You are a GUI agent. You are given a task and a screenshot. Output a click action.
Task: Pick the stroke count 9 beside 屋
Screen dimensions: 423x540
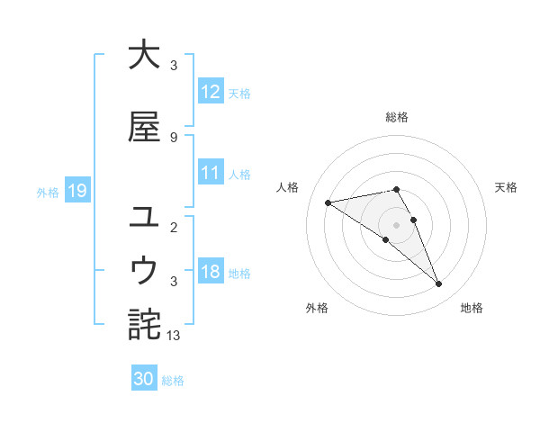point(173,137)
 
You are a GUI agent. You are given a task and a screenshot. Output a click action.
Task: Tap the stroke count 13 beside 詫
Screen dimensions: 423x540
point(175,335)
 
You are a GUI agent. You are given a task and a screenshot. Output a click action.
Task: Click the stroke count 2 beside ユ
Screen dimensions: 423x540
point(173,227)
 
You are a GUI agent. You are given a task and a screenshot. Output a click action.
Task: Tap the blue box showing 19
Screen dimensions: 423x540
point(76,191)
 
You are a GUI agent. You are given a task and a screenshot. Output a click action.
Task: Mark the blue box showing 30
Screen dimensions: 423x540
point(144,379)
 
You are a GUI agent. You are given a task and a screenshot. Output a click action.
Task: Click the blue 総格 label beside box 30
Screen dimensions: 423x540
point(174,381)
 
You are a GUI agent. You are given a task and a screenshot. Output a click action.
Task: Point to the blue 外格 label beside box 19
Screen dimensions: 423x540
point(48,192)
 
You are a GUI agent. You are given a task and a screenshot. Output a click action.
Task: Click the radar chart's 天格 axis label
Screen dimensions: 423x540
point(506,187)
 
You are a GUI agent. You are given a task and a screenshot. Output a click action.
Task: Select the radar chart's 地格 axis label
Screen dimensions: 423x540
point(472,308)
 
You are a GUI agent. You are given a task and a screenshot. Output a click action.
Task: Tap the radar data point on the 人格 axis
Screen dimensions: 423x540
point(328,202)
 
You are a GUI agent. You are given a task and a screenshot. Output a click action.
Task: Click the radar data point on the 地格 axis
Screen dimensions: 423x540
point(439,284)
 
